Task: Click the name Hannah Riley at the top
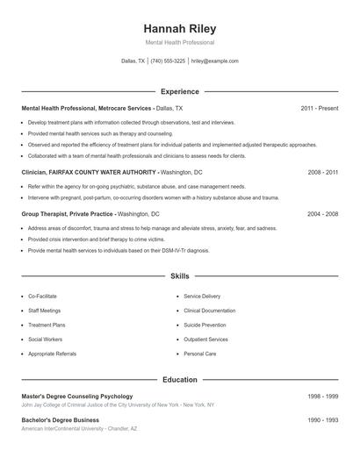[x=179, y=27]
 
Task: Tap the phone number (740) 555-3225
[x=168, y=61]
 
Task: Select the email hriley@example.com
[x=214, y=61]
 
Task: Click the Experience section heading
[x=179, y=91]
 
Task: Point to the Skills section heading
[x=179, y=275]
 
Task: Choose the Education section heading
[x=179, y=380]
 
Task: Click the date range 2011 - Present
[x=319, y=108]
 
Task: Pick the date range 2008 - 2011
[x=322, y=173]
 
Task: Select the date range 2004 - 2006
[x=322, y=213]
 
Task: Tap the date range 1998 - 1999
[x=322, y=397]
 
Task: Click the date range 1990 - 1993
[x=322, y=420]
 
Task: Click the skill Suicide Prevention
[x=205, y=325]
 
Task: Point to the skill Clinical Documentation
[x=209, y=311]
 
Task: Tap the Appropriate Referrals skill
[x=53, y=354]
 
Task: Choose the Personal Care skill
[x=199, y=354]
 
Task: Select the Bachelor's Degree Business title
[x=60, y=420]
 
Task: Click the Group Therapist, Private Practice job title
[x=68, y=213]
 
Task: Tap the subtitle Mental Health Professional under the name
[x=179, y=42]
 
